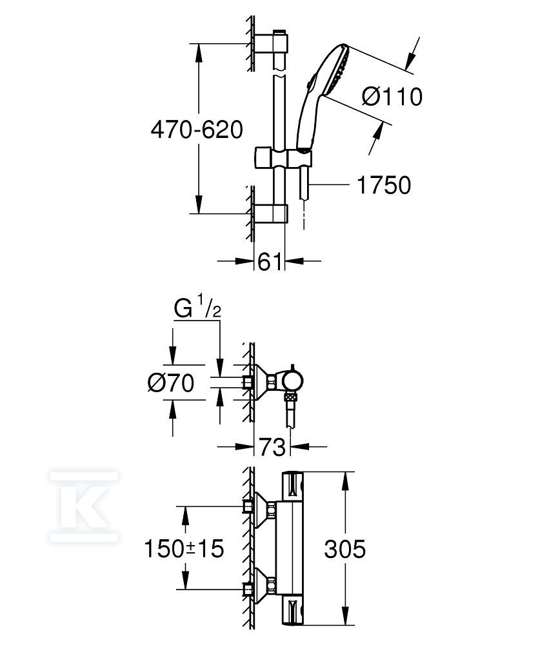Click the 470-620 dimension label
click(197, 130)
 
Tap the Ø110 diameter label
click(392, 97)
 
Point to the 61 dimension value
click(270, 262)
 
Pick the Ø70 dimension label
click(171, 383)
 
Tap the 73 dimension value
click(272, 447)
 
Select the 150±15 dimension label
click(184, 548)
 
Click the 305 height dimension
click(344, 549)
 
